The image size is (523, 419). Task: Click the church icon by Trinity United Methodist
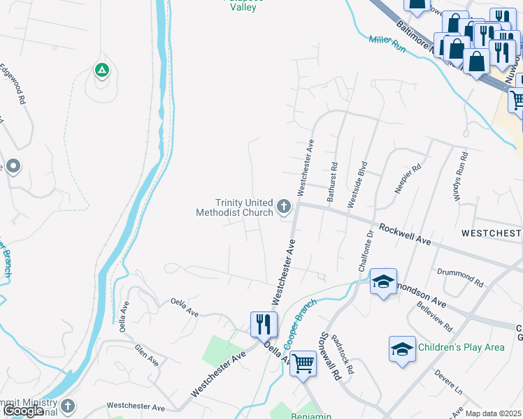[283, 206]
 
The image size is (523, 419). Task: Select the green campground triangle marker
[101, 70]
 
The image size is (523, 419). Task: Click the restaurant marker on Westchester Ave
[264, 323]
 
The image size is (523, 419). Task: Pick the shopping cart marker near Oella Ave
[303, 362]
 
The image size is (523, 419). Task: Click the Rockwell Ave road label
[403, 234]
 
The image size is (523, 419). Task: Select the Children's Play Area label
[461, 347]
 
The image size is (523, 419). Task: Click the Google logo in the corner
[24, 411]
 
